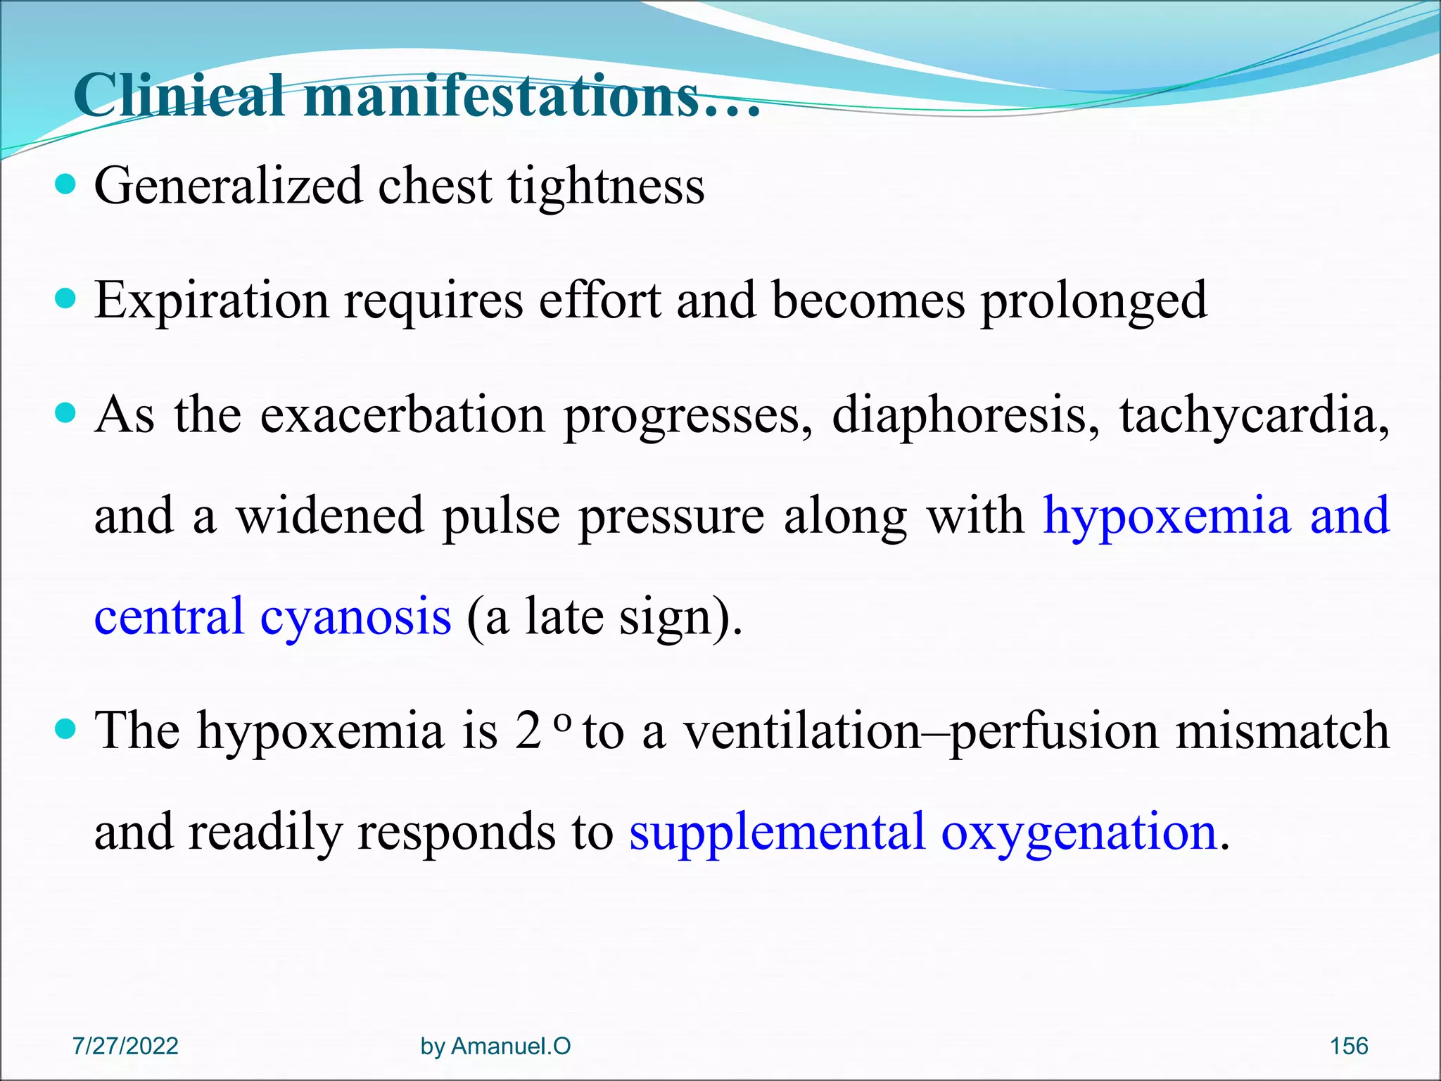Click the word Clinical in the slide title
tap(179, 96)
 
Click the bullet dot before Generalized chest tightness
tap(65, 185)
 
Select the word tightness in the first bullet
tap(606, 187)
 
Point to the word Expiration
tap(211, 301)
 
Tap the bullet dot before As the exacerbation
tap(65, 412)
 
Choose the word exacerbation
tap(402, 415)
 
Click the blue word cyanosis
tap(355, 617)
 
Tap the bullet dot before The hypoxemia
tap(65, 729)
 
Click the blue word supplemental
tap(777, 833)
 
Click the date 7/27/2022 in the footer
tap(125, 1046)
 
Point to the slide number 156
tap(1348, 1046)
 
